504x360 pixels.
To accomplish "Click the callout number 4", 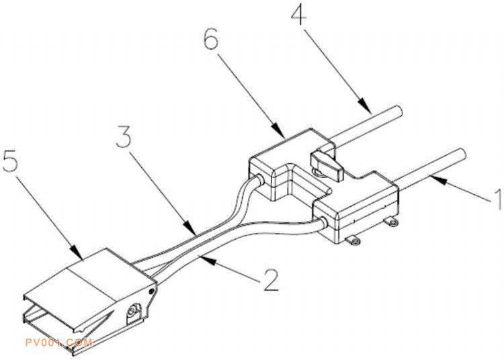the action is tap(298, 15).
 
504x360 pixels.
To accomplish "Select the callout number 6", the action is tap(211, 39).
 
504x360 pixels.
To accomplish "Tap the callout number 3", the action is tap(124, 136).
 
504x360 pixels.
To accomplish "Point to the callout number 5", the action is tap(11, 161).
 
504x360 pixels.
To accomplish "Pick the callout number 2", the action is tap(271, 280).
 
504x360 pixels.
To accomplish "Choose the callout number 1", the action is tap(497, 199).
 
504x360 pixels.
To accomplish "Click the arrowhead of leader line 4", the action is tap(365, 107).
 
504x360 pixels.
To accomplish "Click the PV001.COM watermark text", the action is tap(59, 343).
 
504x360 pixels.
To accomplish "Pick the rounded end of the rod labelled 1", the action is tap(463, 154).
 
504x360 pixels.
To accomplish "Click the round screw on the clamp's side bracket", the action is tap(132, 310).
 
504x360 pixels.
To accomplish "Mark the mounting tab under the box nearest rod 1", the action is tap(390, 222).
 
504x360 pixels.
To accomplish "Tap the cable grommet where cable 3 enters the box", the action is tap(259, 179).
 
